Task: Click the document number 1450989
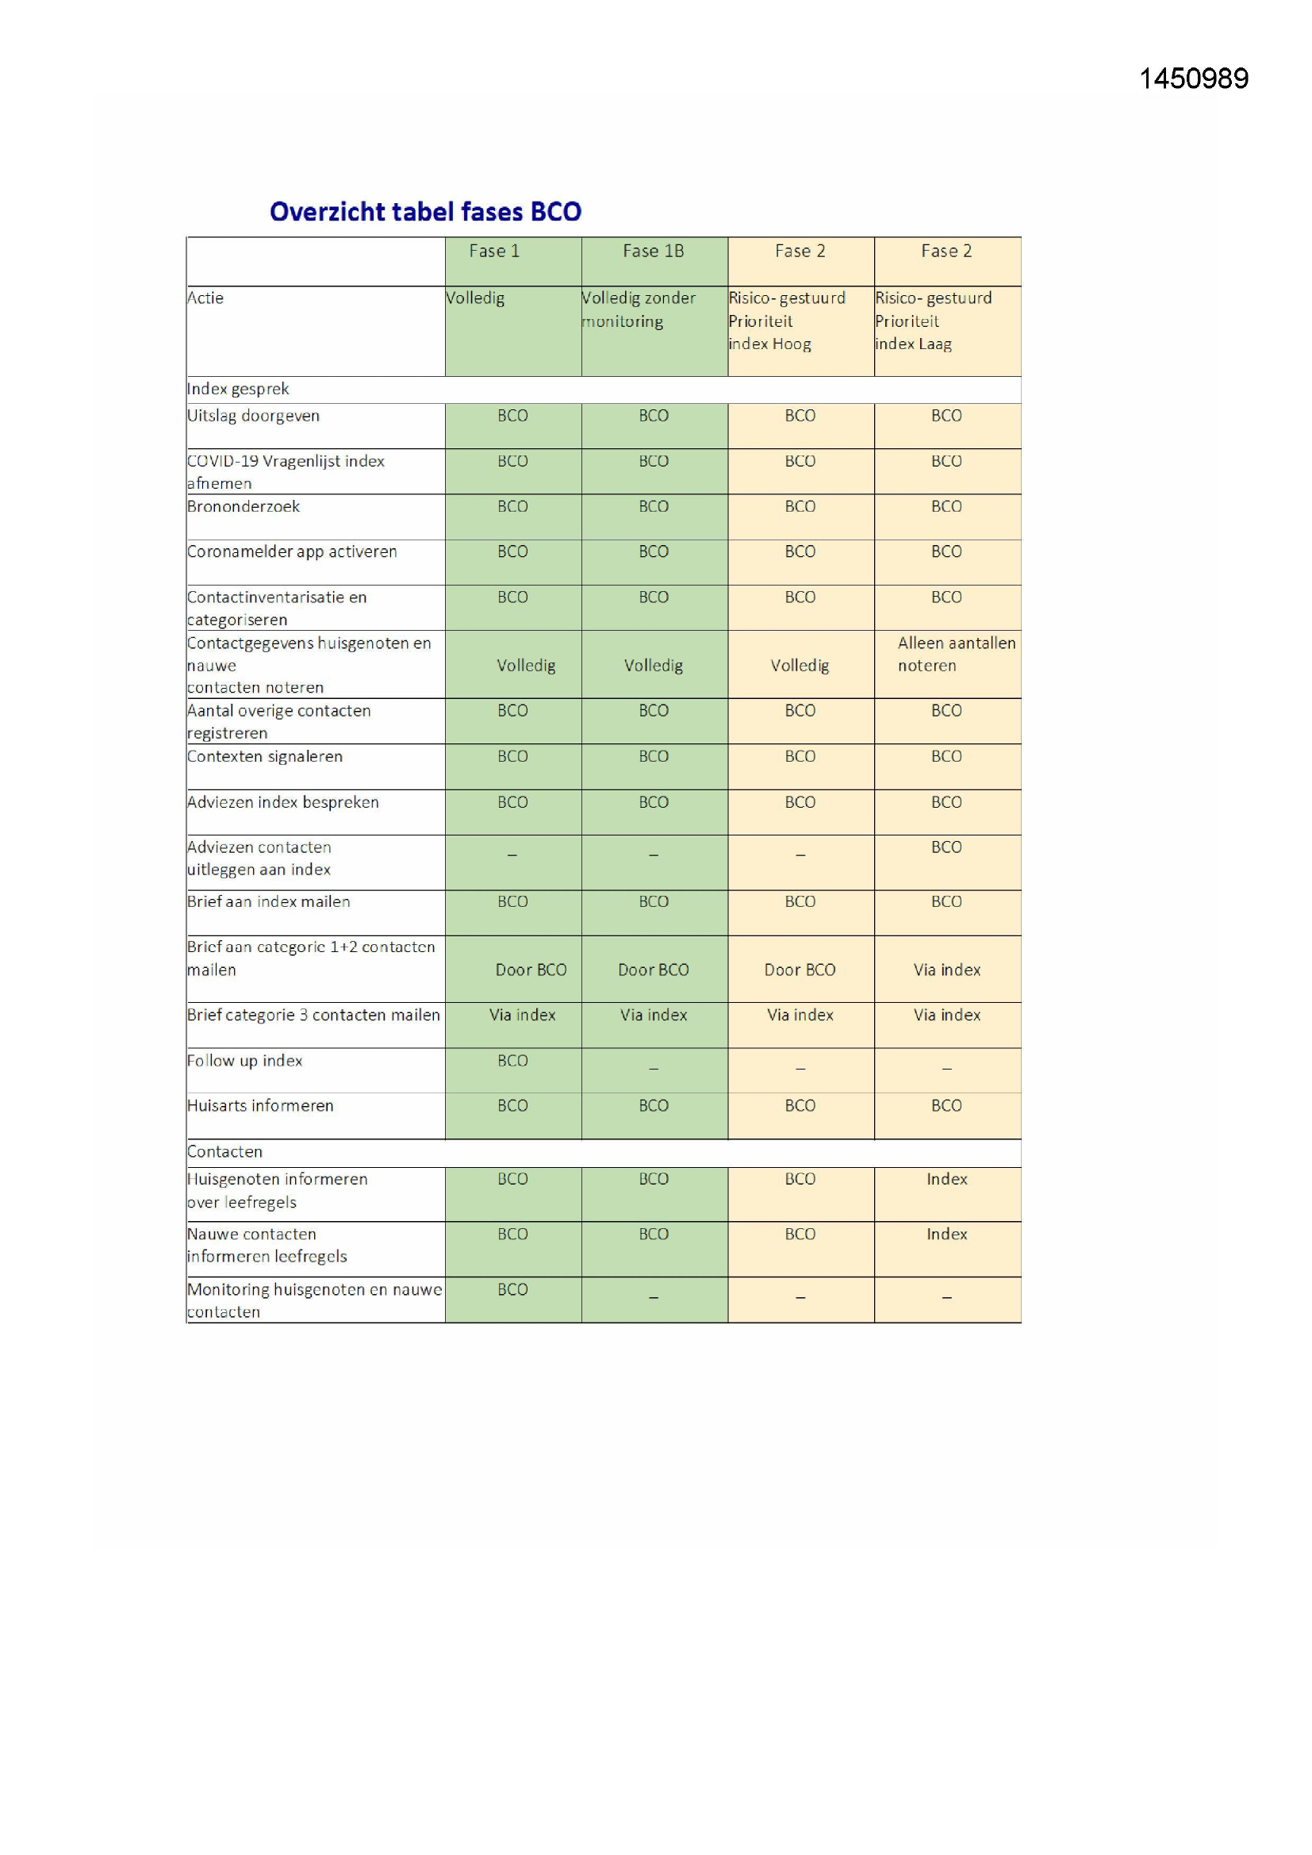tap(1193, 79)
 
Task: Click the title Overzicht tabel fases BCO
tap(425, 212)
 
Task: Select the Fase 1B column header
tap(653, 252)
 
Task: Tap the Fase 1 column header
tap(493, 252)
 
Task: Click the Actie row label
tap(205, 298)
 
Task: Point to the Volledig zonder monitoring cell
tap(639, 309)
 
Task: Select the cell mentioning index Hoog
tap(786, 321)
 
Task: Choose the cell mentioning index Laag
tap(932, 321)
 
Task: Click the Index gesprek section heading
tap(238, 390)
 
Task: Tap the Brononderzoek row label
tap(244, 506)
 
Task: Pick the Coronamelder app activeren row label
tap(292, 551)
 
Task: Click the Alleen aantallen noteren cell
tap(956, 655)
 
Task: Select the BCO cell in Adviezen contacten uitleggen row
tap(946, 847)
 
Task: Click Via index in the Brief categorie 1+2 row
tap(947, 970)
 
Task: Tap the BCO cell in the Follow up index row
tap(512, 1061)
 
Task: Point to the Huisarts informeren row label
tap(260, 1106)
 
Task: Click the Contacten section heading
tap(224, 1152)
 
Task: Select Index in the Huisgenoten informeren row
tap(947, 1180)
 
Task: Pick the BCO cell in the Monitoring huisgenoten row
tap(512, 1290)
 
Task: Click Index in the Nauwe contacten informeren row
tap(947, 1235)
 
